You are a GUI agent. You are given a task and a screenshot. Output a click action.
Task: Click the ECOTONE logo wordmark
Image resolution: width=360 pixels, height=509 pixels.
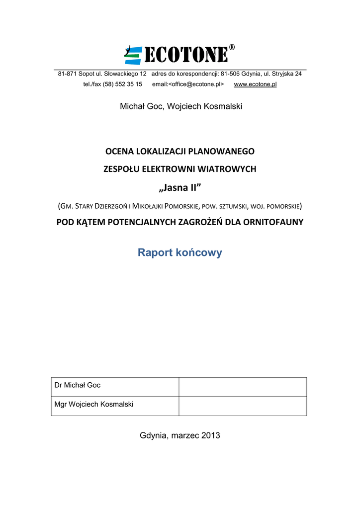[186, 55]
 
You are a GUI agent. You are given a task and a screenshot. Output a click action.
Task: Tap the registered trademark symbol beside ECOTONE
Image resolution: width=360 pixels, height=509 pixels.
[232, 47]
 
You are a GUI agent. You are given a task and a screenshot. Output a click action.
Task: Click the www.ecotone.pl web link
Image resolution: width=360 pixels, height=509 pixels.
[255, 84]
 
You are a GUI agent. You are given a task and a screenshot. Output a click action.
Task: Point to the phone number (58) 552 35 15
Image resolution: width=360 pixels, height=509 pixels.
[122, 84]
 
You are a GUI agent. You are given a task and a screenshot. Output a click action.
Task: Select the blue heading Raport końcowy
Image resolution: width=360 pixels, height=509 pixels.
[180, 253]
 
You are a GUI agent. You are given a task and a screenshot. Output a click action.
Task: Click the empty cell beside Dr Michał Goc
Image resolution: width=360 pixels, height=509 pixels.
[242, 386]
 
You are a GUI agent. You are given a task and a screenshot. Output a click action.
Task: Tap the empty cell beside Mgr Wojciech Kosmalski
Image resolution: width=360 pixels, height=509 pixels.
[242, 405]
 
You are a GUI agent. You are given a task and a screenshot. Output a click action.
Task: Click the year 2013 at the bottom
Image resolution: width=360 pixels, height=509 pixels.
[210, 435]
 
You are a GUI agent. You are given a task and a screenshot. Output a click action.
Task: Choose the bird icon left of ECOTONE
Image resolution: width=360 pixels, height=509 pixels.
[133, 55]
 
